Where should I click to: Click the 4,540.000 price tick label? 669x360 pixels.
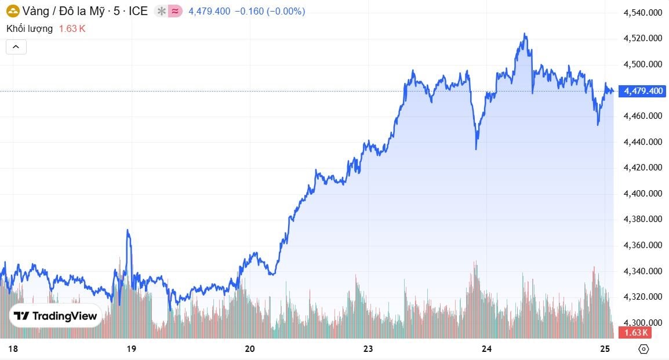(642, 13)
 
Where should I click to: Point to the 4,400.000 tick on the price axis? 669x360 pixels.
(642, 194)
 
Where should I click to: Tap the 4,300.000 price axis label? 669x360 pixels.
(642, 323)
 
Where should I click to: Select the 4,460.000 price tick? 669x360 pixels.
(642, 116)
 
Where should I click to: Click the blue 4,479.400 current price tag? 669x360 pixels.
(642, 91)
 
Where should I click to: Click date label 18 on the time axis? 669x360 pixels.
(14, 348)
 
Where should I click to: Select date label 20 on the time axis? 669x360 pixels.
(250, 348)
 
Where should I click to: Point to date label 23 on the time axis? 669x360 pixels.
(368, 348)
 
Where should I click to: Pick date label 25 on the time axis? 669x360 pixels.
(605, 348)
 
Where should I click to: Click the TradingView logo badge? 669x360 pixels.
(56, 316)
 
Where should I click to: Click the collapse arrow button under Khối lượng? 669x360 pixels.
(16, 46)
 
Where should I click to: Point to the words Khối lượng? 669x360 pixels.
(30, 28)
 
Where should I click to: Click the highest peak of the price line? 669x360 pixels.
(525, 34)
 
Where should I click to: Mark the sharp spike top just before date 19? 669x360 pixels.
(128, 231)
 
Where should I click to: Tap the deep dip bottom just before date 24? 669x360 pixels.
(477, 149)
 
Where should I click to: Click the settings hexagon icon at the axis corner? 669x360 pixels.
(643, 349)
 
